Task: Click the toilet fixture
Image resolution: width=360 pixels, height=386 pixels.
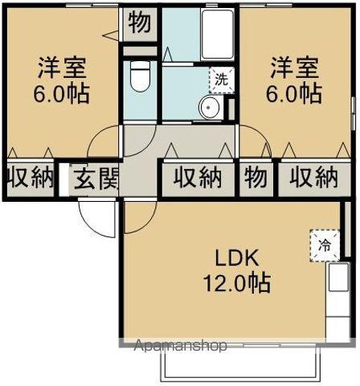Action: coord(139,79)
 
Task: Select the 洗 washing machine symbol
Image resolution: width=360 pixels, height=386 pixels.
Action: coord(219,79)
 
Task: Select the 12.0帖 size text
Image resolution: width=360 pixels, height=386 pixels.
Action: coord(235,282)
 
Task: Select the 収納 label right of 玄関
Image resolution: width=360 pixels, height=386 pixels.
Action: coord(198,177)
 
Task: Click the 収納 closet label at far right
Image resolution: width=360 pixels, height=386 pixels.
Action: coord(313,177)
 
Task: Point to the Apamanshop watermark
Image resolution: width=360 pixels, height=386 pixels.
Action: coord(180,346)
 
